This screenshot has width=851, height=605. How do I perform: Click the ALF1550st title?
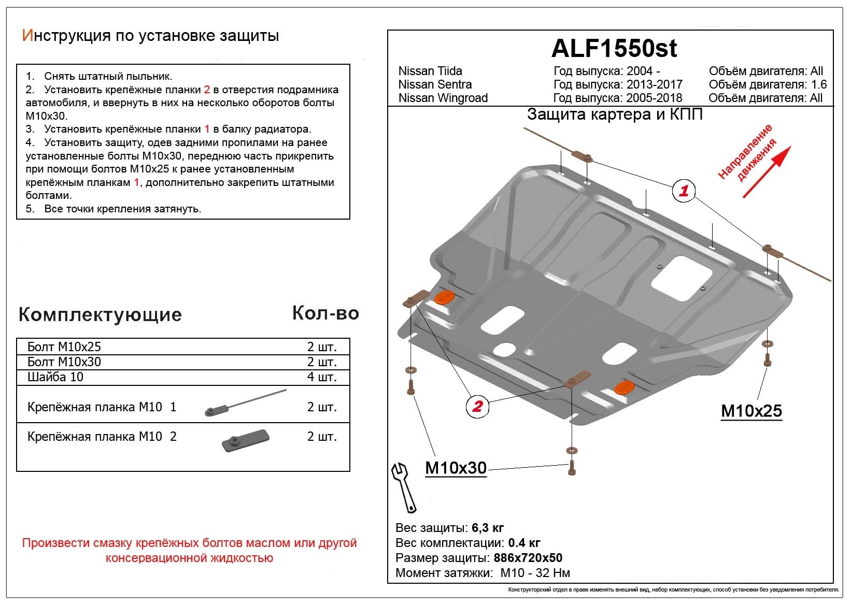(614, 49)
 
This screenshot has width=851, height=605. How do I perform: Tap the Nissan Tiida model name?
(430, 71)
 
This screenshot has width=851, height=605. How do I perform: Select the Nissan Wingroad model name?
(443, 98)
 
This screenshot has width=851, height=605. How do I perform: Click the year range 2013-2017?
(654, 84)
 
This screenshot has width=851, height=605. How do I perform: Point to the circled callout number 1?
(684, 191)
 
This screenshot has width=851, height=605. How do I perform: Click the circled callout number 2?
(477, 406)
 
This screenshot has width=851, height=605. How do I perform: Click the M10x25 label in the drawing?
(751, 411)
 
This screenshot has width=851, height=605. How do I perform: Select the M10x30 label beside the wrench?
(456, 468)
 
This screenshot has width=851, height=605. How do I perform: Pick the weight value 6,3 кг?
(488, 528)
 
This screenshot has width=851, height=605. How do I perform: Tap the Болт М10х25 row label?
(64, 347)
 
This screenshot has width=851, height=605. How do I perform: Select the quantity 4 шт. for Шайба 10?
(322, 377)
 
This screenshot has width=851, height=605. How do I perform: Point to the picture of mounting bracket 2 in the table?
(245, 439)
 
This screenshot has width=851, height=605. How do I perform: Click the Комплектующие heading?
(100, 314)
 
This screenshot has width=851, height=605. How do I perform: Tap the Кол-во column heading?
(325, 313)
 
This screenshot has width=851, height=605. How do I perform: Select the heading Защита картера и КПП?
(615, 114)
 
